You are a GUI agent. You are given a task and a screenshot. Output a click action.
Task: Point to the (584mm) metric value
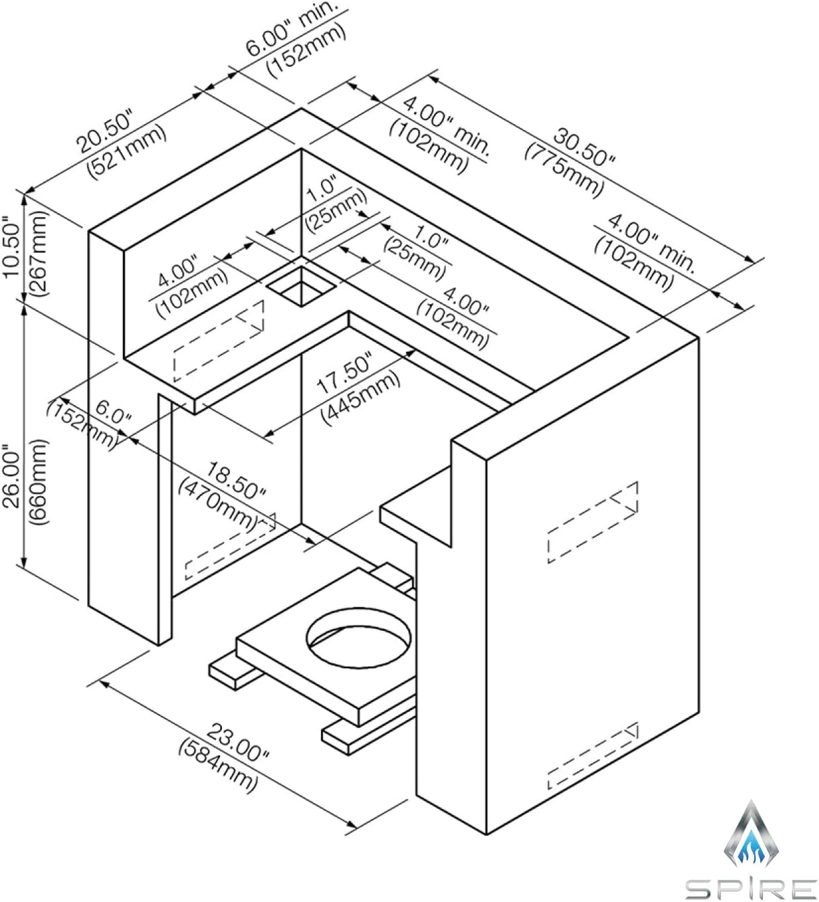(x=218, y=764)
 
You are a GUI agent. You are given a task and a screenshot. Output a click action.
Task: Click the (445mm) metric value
(x=361, y=397)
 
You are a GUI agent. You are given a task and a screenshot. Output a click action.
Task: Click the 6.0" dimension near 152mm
(x=113, y=412)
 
